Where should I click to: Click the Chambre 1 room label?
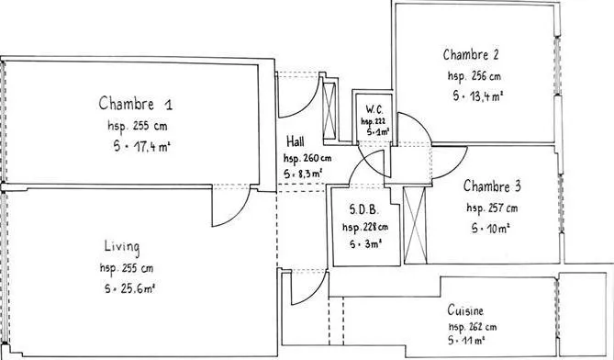[136, 104]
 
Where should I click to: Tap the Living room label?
[122, 247]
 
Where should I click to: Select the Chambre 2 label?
[471, 54]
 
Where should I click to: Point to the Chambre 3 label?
[492, 186]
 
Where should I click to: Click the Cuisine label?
[465, 310]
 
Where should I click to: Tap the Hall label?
[296, 141]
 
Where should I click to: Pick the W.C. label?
[374, 109]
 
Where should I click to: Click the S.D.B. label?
[363, 210]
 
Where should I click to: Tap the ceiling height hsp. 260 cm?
[307, 158]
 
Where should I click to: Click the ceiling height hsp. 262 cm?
[473, 327]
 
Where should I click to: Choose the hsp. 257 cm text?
[492, 208]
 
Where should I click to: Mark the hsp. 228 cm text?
[365, 227]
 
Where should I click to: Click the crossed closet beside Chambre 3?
[414, 225]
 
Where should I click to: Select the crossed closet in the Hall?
[329, 111]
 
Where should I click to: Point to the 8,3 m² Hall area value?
[303, 174]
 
